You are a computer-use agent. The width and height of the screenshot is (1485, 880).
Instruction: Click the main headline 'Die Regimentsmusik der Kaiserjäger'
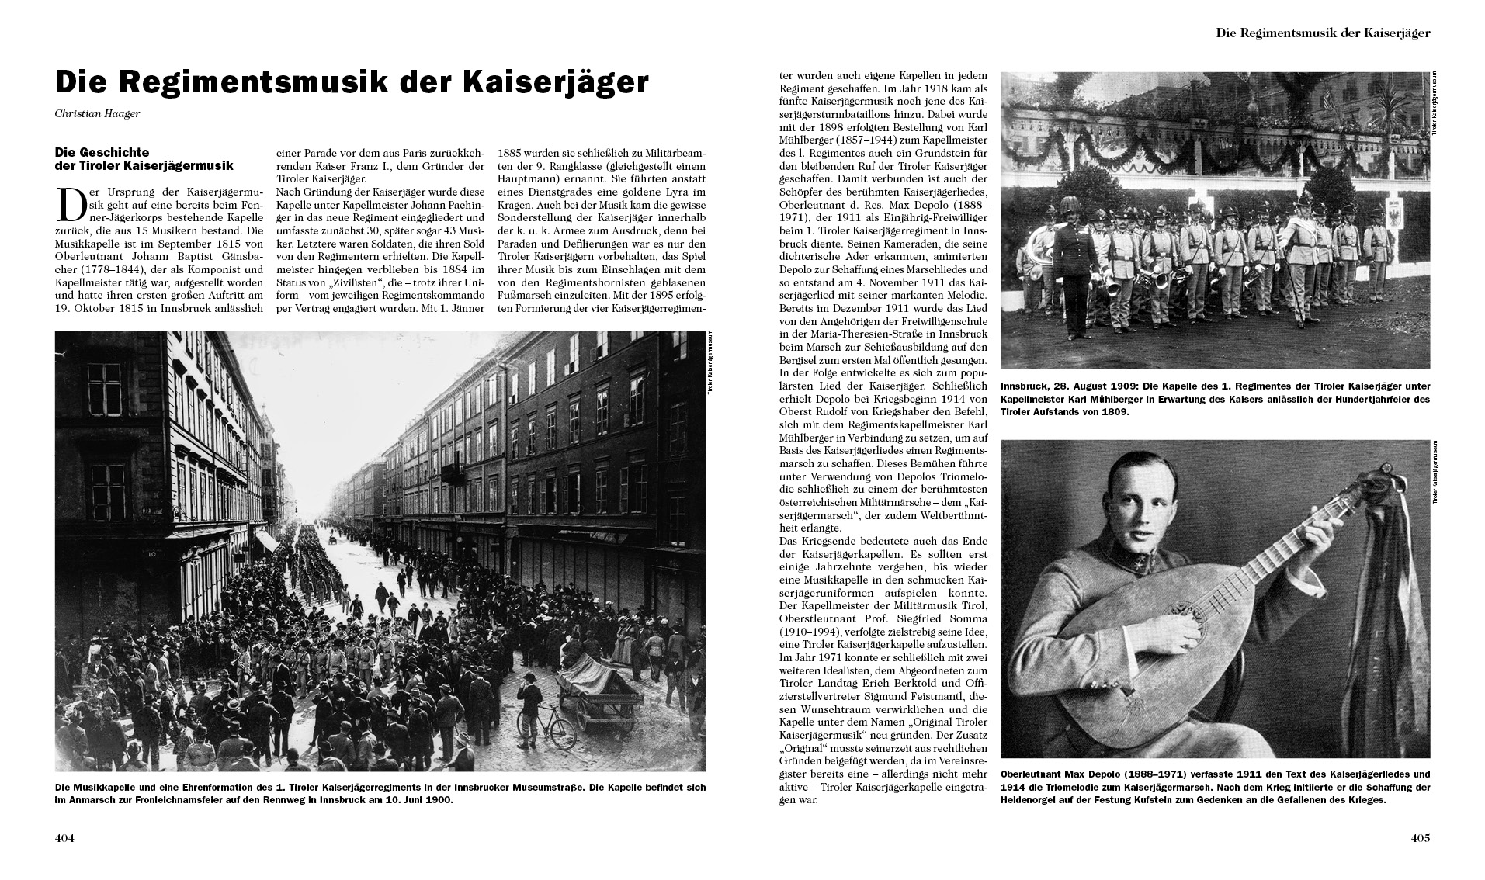point(351,83)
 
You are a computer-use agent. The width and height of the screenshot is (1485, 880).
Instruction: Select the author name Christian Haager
point(97,114)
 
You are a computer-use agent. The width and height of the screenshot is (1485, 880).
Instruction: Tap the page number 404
point(64,838)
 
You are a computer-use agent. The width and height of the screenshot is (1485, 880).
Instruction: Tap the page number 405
point(1420,838)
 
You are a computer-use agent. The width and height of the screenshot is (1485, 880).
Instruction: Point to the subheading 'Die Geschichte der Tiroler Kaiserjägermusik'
point(144,159)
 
